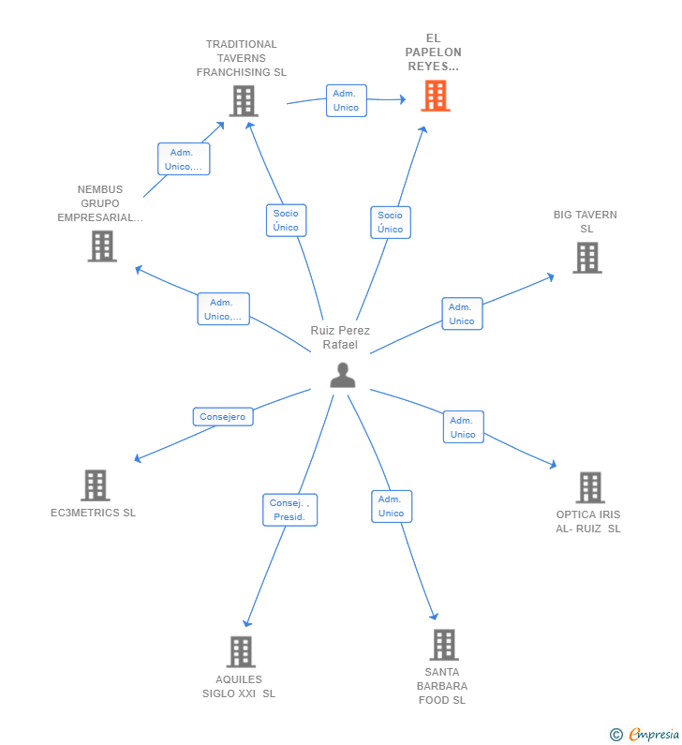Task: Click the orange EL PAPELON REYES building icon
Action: click(x=436, y=96)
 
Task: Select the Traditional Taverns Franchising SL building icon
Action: click(x=244, y=100)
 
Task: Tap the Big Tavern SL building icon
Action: click(x=587, y=258)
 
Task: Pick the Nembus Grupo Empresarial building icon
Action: click(x=102, y=246)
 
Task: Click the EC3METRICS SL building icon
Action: click(x=95, y=485)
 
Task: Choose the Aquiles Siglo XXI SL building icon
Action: click(x=241, y=651)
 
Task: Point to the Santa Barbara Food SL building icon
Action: click(x=444, y=645)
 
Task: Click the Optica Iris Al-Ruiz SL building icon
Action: click(x=590, y=487)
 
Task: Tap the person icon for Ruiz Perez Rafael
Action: click(x=343, y=375)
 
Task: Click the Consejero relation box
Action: click(x=223, y=417)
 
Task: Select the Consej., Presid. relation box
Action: click(x=289, y=510)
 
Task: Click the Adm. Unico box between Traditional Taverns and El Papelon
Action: click(x=347, y=100)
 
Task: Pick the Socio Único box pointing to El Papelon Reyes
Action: click(x=391, y=222)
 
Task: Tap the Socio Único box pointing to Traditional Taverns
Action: click(x=286, y=220)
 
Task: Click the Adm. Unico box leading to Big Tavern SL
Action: click(x=462, y=314)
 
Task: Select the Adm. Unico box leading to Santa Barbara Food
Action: click(x=392, y=506)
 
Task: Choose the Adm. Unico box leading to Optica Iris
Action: click(x=463, y=426)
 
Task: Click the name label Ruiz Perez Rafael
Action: click(x=340, y=337)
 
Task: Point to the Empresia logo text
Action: click(x=654, y=734)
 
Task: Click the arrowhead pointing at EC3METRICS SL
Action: click(x=138, y=458)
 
